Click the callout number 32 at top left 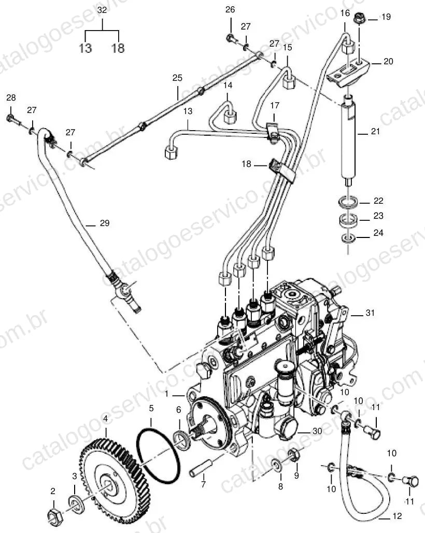coord(102,10)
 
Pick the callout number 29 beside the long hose coord(105,223)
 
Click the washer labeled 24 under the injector coord(348,238)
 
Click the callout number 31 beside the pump coord(370,313)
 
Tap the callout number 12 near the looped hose coord(397,516)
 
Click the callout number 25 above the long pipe coord(177,78)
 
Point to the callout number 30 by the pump coord(317,431)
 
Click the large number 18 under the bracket coord(118,48)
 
